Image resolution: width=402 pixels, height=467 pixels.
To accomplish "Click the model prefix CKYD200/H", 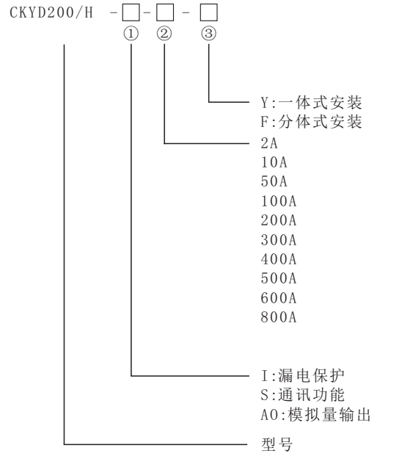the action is click(x=51, y=12).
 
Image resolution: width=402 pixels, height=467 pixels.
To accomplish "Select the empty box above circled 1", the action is click(x=131, y=12).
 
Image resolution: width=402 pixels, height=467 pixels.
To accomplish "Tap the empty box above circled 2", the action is click(x=165, y=12).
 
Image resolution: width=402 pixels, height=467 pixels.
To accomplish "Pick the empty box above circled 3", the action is click(x=208, y=12).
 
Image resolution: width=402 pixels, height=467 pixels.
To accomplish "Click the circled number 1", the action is click(x=131, y=33).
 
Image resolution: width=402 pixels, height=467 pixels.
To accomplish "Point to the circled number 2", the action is click(x=164, y=33).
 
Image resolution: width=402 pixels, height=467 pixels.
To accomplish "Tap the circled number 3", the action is click(x=208, y=33).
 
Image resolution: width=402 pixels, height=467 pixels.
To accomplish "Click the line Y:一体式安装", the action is click(x=311, y=103).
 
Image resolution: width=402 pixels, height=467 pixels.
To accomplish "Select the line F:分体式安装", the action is click(x=311, y=122).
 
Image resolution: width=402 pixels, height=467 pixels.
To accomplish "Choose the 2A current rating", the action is click(x=269, y=143).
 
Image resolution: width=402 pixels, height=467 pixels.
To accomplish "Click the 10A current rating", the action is click(x=274, y=162).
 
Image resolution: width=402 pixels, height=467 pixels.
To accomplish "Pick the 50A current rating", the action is click(x=274, y=181).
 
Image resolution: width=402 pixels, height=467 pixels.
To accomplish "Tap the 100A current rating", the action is click(x=279, y=201).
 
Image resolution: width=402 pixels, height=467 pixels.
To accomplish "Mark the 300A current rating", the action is click(x=279, y=240).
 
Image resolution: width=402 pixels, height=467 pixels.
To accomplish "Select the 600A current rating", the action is click(x=279, y=298).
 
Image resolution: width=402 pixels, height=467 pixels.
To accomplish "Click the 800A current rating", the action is click(x=279, y=317).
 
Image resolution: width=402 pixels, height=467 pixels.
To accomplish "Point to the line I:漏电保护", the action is click(x=302, y=375).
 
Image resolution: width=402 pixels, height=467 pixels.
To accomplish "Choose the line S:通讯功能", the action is click(x=302, y=395).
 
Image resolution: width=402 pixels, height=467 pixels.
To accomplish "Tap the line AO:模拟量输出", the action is click(x=315, y=415).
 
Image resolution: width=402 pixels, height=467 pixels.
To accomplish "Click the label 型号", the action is click(x=277, y=444).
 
